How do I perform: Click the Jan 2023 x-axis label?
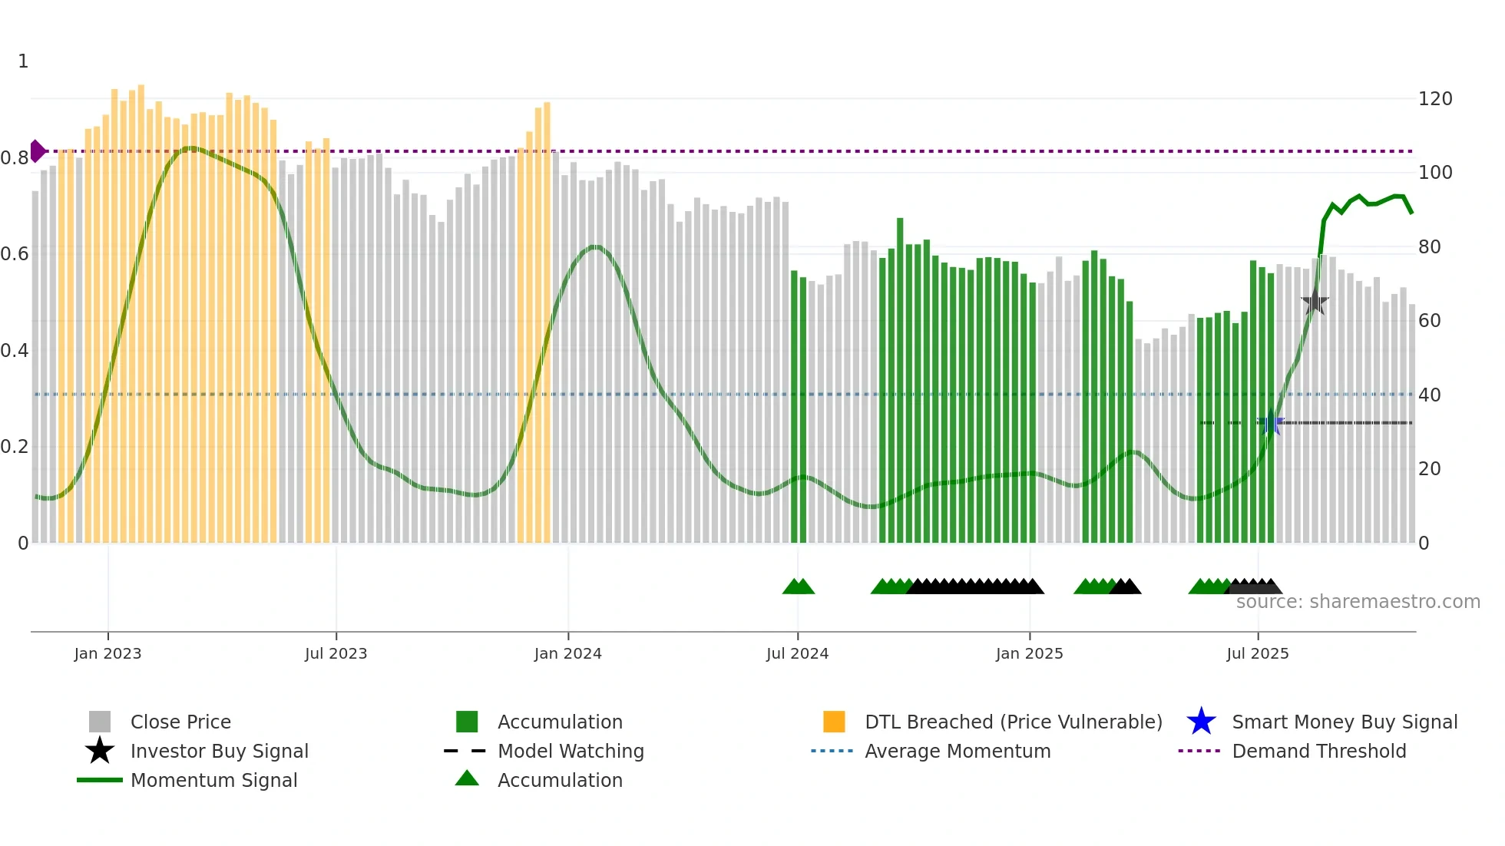(107, 653)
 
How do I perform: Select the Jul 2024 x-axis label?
(797, 653)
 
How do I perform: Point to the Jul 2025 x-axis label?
(1257, 653)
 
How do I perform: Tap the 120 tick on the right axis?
(1434, 99)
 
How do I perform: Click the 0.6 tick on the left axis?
(15, 254)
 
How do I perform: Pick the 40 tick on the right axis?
(1429, 395)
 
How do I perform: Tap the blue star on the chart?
(1271, 423)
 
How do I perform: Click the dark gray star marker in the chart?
(1315, 302)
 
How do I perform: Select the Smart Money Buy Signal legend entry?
(1344, 722)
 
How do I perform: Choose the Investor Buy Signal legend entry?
(219, 751)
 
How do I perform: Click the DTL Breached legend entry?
(1013, 722)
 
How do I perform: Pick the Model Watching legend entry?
(570, 751)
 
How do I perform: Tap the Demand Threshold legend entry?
(1318, 751)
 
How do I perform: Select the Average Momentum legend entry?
(957, 751)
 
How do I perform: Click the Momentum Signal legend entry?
(213, 780)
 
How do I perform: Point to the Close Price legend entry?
(180, 722)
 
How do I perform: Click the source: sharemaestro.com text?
(1358, 602)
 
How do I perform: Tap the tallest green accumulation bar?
(900, 380)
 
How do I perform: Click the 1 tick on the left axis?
(23, 61)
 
